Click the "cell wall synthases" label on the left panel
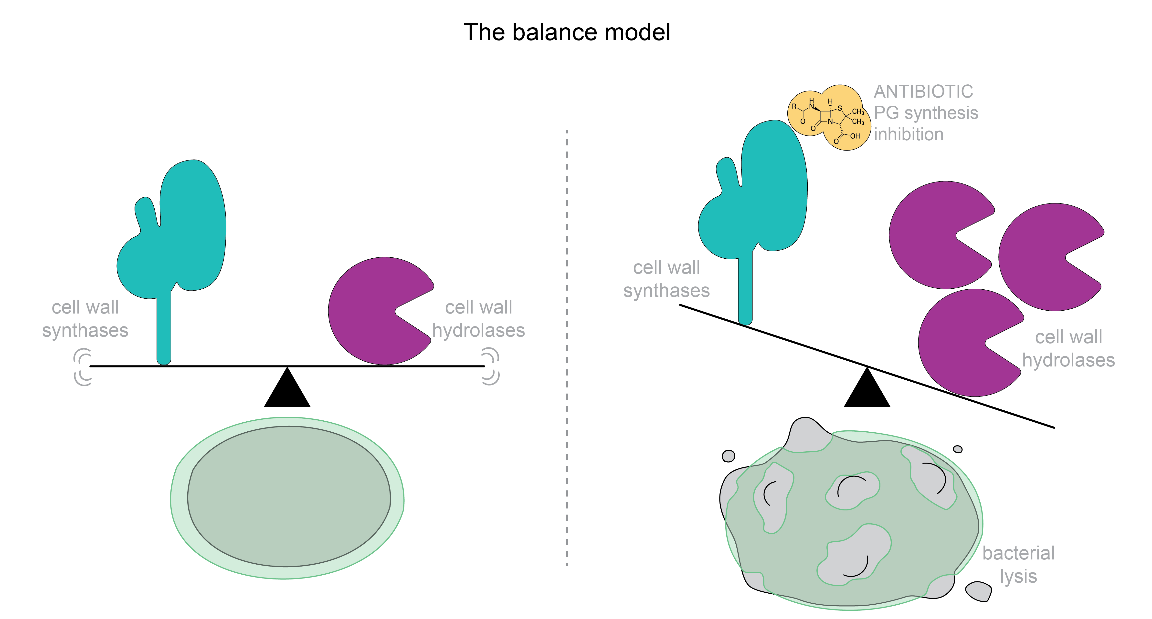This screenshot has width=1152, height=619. click(85, 319)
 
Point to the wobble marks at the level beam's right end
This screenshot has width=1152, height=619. click(491, 366)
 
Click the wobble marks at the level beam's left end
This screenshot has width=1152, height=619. click(83, 367)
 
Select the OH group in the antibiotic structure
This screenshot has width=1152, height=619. click(855, 136)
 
